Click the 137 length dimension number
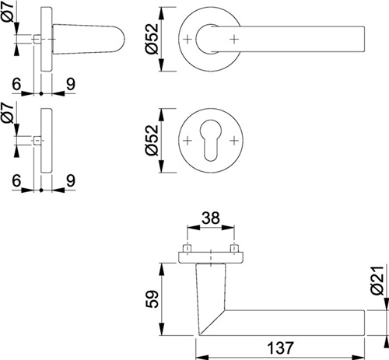coord(280,348)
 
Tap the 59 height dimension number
coord(152,299)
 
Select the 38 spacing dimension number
coord(211,218)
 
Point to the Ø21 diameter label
coord(377,281)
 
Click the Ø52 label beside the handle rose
coord(152,39)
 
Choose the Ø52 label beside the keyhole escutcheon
coord(152,140)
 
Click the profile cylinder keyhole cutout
coord(211,140)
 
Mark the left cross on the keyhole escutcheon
coord(187,141)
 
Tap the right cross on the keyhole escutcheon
coord(234,141)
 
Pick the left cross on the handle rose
coord(187,40)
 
